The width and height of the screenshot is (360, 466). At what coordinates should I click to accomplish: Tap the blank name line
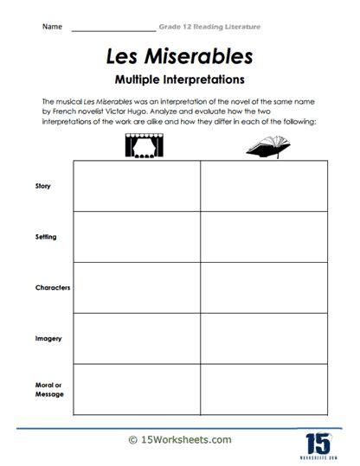tap(112, 29)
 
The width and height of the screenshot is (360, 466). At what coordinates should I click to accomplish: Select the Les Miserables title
tap(180, 56)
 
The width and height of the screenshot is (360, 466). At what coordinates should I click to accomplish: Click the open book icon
tap(266, 148)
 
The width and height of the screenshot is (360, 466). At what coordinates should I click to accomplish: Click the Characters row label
tap(52, 287)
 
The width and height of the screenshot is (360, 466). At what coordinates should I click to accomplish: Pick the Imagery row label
tap(48, 338)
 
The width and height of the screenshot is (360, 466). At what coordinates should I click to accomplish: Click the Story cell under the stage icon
tap(136, 185)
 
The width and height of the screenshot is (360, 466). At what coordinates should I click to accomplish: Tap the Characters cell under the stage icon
tap(136, 287)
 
